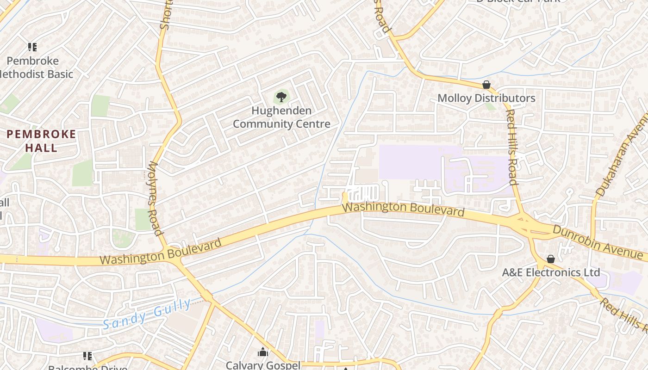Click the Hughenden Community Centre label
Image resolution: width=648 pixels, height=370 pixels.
pos(281,117)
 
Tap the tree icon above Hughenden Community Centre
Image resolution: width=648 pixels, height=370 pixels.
pos(281,97)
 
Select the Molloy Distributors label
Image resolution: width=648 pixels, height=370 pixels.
pos(486,98)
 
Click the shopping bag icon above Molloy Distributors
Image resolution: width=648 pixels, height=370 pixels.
pos(486,85)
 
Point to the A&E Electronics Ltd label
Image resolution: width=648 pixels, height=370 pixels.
pos(551,272)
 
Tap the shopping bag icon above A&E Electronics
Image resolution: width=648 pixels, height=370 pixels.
pos(551,259)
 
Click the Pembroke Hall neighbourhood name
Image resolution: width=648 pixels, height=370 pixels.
pos(41,141)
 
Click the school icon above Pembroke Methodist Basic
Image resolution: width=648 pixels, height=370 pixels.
pos(32,47)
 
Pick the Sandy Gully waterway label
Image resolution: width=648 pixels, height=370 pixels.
pos(146,314)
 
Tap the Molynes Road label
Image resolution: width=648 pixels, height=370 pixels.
pos(155,198)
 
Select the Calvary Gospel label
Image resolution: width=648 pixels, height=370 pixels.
pos(263,365)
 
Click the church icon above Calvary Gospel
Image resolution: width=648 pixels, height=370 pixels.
pos(263,352)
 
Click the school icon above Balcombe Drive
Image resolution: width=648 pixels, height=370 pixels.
pos(87,356)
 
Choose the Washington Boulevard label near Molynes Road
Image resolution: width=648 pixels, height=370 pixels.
pos(161,252)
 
